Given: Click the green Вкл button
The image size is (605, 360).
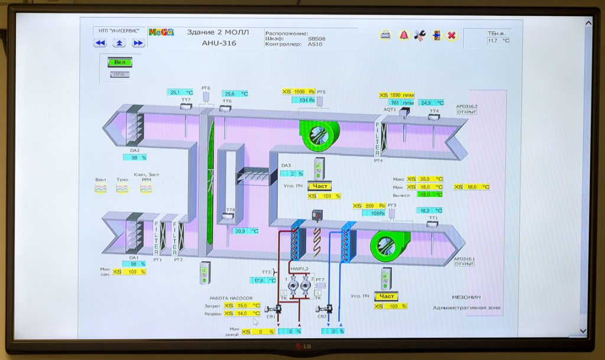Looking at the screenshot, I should tap(119, 62).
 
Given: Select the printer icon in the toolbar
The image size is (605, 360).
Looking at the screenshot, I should tap(385, 35).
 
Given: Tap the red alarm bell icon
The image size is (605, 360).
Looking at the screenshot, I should tap(404, 35).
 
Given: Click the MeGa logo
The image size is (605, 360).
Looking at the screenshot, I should tap(161, 33).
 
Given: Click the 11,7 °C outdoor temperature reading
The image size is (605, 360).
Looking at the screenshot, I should tap(498, 41).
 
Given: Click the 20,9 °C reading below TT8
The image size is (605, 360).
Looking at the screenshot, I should tap(245, 231).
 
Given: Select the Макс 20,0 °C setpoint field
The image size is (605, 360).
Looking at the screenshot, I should tap(430, 179).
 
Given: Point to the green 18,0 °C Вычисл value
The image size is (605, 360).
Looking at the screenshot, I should tap(430, 194).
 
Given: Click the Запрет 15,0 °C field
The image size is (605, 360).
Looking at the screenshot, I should tap(247, 306).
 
